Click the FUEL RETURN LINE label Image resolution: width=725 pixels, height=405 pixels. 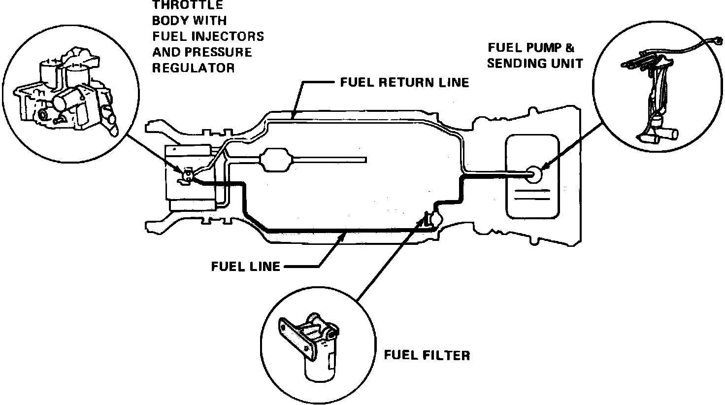(x=404, y=82)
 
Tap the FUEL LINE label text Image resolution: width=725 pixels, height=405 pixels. (x=245, y=267)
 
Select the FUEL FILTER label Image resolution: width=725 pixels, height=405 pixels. (x=427, y=355)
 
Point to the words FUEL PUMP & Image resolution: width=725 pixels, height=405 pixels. (x=531, y=48)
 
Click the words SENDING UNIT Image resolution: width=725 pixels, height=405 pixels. (x=535, y=63)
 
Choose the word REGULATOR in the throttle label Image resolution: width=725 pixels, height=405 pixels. (x=193, y=67)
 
